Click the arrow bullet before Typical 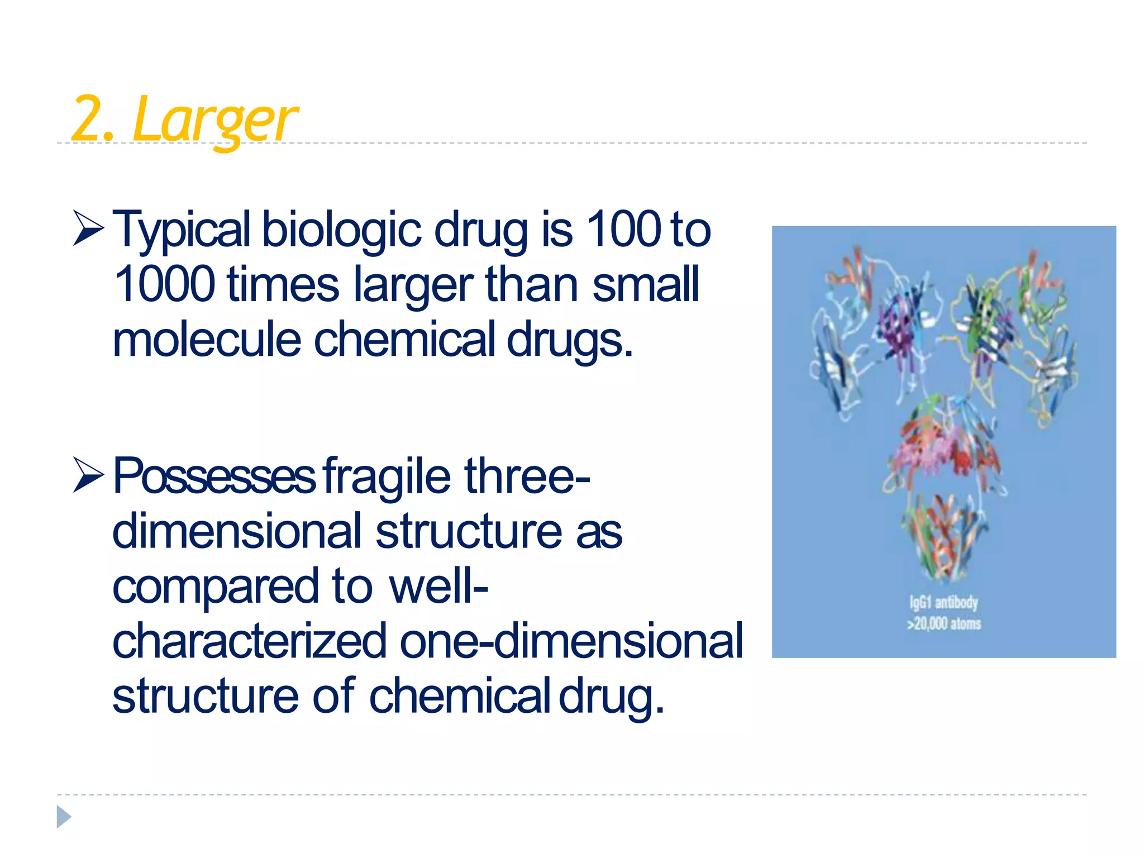(88, 229)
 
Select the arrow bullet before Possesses (88, 476)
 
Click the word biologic (341, 230)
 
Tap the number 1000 (164, 284)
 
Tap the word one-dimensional (571, 641)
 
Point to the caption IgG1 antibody (943, 602)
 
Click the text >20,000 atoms (943, 623)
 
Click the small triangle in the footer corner (63, 817)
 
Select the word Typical (182, 230)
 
